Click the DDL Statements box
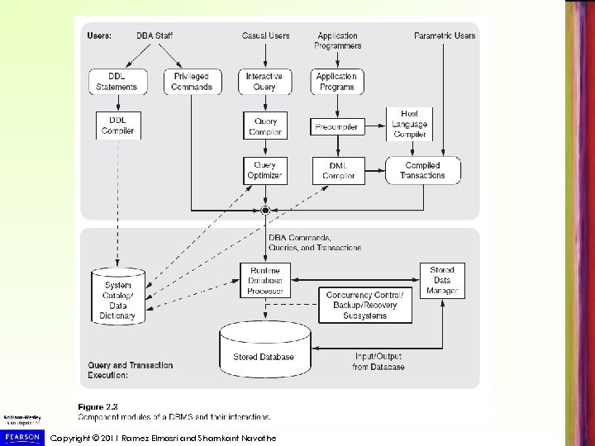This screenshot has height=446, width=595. point(118,82)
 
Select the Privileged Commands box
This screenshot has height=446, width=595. point(191,82)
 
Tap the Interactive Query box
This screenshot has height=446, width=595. point(264,82)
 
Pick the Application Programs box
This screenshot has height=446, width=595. point(336,82)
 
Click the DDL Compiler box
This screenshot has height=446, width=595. point(118,124)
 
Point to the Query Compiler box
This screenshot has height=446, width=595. point(264,126)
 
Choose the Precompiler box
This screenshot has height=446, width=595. point(336,127)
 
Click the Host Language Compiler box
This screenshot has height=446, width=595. point(409,123)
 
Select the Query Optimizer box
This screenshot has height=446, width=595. point(264,170)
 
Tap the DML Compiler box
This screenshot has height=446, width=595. point(336,170)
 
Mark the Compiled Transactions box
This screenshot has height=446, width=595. point(421,170)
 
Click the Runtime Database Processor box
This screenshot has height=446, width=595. point(264,280)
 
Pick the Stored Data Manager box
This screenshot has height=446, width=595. point(442,280)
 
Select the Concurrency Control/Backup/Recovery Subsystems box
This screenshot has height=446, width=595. point(365,305)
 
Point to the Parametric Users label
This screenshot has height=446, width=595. point(445,36)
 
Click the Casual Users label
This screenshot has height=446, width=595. point(265,36)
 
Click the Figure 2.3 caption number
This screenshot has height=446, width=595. point(93,407)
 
